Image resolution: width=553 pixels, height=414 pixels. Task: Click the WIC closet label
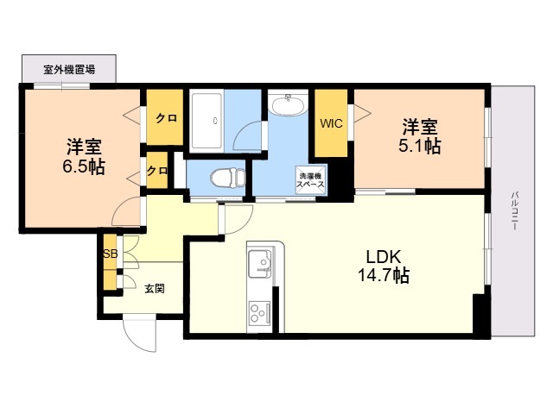pos(332,123)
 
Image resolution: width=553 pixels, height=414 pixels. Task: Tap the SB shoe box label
pos(110,254)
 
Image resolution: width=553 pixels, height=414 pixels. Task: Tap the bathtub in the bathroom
pos(207,121)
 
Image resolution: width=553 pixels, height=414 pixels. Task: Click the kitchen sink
pos(260,262)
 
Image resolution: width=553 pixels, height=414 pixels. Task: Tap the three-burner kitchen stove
pos(259,310)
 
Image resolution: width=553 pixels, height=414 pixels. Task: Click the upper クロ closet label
pos(166,118)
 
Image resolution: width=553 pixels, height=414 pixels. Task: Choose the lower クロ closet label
pos(156,171)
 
